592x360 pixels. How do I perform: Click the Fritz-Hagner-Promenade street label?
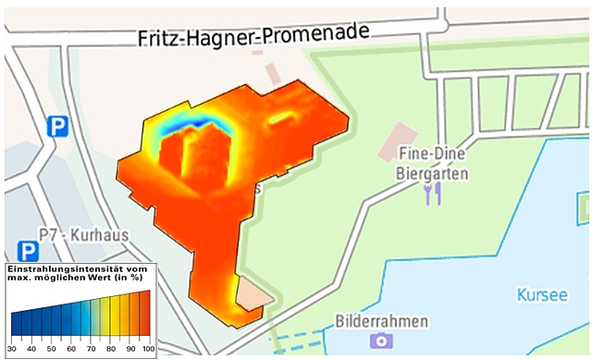pos(253,36)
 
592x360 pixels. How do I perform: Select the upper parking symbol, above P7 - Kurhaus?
pos(59,127)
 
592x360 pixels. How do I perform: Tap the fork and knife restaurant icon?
pos(432,192)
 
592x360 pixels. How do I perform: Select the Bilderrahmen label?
pos(383,321)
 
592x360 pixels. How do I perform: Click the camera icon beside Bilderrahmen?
pos(381,341)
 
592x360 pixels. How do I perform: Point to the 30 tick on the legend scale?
pos(12,350)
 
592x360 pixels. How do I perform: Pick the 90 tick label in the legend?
pos(128,350)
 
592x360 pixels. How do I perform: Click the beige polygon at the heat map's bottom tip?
pos(252,295)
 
